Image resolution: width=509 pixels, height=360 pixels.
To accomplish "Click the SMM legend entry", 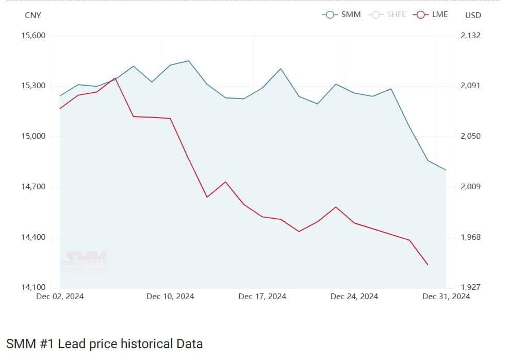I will coord(342,14).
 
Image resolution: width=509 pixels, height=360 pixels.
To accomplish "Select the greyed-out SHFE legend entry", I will coord(387,14).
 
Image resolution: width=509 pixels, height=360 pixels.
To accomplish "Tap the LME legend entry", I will coord(431,14).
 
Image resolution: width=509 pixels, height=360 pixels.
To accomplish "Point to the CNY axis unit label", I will coord(33,15).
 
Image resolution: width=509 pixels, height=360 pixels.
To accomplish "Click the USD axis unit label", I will coord(473,15).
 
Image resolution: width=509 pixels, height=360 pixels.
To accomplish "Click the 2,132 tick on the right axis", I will coord(470,36).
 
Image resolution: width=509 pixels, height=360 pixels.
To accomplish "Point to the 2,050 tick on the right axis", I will coord(470,136).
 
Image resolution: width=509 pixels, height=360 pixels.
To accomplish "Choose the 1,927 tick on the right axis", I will coord(470,287).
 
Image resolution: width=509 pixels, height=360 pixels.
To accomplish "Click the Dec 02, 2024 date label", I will coord(60,297).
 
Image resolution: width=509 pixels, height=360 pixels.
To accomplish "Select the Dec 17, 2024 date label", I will coord(262,297).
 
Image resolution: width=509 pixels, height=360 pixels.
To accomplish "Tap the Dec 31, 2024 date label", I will coord(446,297).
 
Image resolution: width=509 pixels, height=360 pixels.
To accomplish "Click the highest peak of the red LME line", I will coord(115,78).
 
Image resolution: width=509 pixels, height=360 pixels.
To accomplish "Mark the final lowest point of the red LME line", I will coord(428,265).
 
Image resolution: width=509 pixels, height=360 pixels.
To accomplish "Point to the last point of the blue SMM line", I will coord(446,170).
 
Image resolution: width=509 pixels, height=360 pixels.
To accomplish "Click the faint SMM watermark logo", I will coord(85,260).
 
